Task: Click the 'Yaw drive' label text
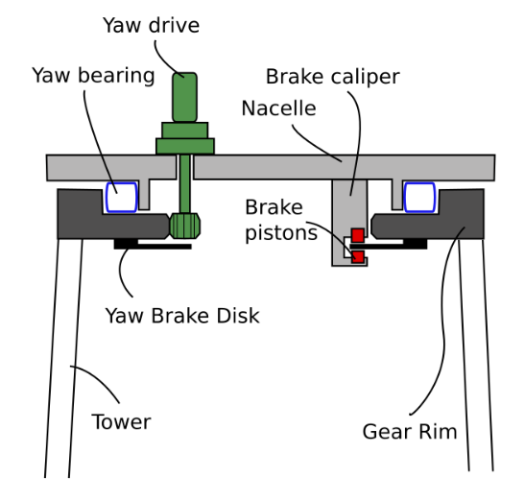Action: click(x=151, y=26)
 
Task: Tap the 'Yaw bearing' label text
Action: click(x=93, y=76)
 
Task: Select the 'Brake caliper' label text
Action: click(x=332, y=77)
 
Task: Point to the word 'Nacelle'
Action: click(x=279, y=108)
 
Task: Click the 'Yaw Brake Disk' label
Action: click(x=182, y=316)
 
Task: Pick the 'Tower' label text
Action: click(x=121, y=421)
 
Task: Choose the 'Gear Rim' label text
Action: click(x=410, y=431)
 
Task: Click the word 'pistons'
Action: click(x=281, y=233)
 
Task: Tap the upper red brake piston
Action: click(x=358, y=235)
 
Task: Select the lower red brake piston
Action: click(x=358, y=257)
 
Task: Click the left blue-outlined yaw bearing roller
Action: click(x=122, y=198)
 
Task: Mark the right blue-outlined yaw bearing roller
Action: click(x=419, y=198)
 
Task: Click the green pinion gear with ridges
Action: click(x=185, y=227)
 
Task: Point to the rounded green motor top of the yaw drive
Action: click(x=185, y=97)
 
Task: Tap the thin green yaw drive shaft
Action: click(x=185, y=183)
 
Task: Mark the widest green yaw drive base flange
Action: click(x=185, y=146)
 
